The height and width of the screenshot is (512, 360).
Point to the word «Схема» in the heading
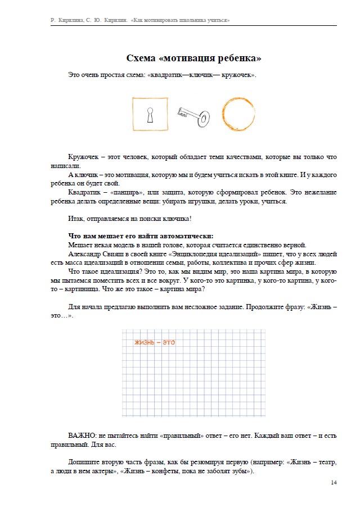[141, 58]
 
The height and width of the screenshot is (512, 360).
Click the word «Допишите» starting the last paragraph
[85, 463]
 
